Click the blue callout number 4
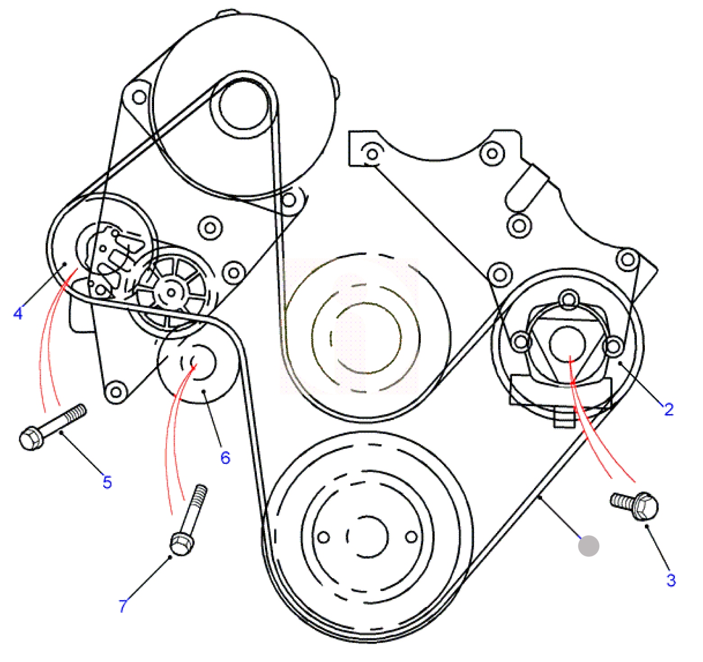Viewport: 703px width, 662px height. coord(18,313)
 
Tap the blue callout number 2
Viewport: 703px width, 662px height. coord(669,409)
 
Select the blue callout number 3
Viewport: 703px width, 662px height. coord(671,580)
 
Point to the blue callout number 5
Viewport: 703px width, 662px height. coord(107,482)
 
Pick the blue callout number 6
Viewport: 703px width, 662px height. coord(225,457)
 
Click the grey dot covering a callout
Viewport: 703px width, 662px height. coord(589,546)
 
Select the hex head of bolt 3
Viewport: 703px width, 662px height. coord(645,506)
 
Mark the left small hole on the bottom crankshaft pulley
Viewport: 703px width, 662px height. coord(324,537)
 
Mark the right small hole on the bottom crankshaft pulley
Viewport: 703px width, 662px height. coord(411,537)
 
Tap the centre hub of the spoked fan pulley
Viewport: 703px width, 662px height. coord(171,292)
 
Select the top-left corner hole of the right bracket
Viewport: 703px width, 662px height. coord(372,154)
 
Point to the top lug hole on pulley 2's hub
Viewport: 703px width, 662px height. coord(569,299)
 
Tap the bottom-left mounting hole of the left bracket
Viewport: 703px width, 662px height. coord(116,392)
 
